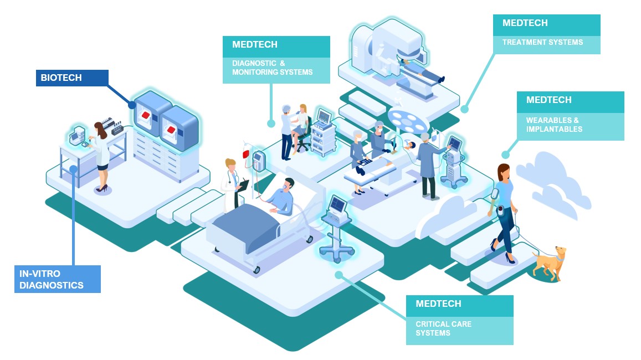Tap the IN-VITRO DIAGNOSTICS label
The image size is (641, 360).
click(58, 279)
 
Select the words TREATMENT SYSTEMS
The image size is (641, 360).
click(542, 42)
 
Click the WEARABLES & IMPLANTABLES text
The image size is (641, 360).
click(554, 125)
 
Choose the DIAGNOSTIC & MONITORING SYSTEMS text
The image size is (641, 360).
click(272, 68)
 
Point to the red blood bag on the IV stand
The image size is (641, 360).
click(246, 152)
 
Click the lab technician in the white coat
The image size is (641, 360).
click(102, 155)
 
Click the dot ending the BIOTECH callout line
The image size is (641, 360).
click(132, 104)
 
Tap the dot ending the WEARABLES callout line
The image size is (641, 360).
click(505, 155)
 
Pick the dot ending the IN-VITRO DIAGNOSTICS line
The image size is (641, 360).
click(73, 168)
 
